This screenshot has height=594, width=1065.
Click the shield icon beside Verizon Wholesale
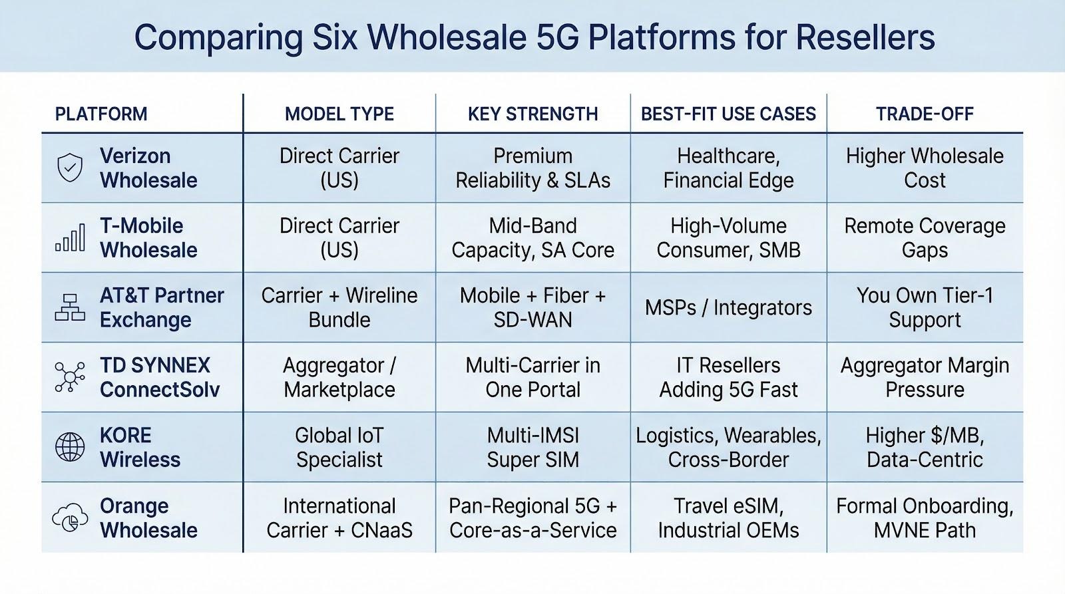point(70,167)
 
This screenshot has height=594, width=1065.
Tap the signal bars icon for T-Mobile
point(71,237)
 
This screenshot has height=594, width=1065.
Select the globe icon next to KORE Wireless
point(70,447)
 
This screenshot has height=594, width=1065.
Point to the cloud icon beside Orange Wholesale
point(70,517)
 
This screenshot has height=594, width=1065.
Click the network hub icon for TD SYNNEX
point(70,377)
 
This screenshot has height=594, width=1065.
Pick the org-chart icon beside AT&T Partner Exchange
point(70,307)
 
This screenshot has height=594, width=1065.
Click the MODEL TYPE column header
point(339,114)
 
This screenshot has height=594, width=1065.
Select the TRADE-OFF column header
point(925,114)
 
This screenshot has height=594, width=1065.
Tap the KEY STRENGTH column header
point(533,114)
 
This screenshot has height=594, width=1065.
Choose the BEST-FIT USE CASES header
point(728,114)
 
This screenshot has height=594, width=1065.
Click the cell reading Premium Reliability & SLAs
point(533,168)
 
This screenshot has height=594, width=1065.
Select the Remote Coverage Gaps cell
point(925,237)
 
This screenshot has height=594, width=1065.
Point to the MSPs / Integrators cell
point(728,308)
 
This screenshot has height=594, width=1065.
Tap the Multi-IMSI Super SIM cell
point(533,447)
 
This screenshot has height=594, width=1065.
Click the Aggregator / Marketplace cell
point(339,377)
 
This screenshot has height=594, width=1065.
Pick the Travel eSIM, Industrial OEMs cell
point(728,518)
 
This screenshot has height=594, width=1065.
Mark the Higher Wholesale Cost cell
point(925,168)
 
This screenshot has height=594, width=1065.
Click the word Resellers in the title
point(865,37)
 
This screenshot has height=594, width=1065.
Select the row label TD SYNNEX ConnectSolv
point(160,377)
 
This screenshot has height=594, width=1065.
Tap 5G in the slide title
point(557,37)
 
